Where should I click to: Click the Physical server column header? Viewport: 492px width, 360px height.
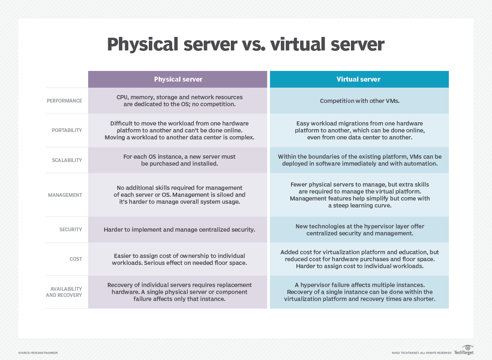coord(178,79)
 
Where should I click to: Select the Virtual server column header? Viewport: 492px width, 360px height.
coord(359,79)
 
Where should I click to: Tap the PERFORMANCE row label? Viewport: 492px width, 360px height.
coord(64,101)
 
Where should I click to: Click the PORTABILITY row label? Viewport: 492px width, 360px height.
coord(67,130)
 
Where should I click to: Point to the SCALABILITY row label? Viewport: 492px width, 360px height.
coord(66,160)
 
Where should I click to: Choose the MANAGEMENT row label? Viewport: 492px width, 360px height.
coord(65,195)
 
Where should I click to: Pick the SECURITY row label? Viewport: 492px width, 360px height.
coord(71,230)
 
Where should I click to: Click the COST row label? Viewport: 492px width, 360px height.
coord(76,259)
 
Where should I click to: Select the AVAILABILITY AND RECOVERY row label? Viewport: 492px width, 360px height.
coord(64,292)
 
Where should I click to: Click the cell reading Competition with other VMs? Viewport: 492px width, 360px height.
coord(359,101)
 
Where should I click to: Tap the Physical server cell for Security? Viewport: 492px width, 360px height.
coord(179,230)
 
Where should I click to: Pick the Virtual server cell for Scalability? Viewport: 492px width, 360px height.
coord(360,160)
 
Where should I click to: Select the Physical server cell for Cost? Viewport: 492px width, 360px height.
coord(179,259)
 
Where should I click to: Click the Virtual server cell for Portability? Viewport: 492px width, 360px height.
coord(360,130)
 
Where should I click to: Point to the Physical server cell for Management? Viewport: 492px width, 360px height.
coord(179,195)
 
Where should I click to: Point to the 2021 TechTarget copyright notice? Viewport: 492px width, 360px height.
coord(421,353)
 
